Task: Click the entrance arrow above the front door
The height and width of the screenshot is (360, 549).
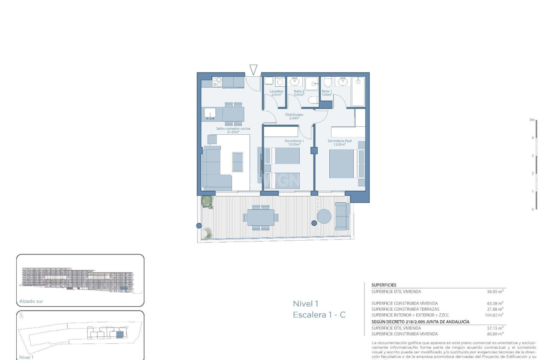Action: [253, 70]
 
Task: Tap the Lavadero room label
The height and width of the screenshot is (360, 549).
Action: [276, 93]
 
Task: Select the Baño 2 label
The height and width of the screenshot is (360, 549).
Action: [299, 93]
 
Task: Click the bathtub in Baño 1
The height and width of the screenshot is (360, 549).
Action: [358, 92]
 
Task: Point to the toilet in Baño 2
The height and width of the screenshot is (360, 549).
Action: [313, 100]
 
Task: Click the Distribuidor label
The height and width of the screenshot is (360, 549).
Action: [294, 116]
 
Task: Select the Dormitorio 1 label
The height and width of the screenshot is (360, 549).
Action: [294, 143]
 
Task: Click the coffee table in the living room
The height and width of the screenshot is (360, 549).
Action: [237, 162]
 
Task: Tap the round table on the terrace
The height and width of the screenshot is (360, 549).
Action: [324, 216]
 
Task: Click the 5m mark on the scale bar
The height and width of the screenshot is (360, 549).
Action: [532, 120]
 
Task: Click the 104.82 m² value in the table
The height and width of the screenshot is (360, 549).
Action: [495, 315]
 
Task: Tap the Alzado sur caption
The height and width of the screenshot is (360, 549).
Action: [31, 301]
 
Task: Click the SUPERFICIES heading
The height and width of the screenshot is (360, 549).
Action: [384, 285]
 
